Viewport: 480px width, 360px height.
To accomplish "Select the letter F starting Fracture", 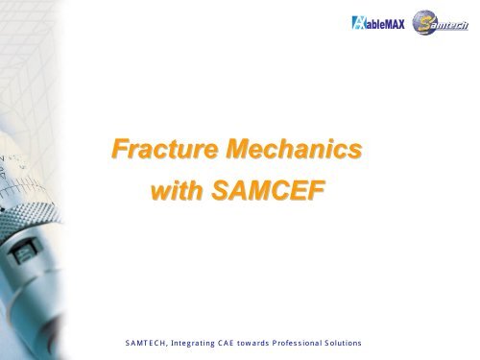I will [119, 151].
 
